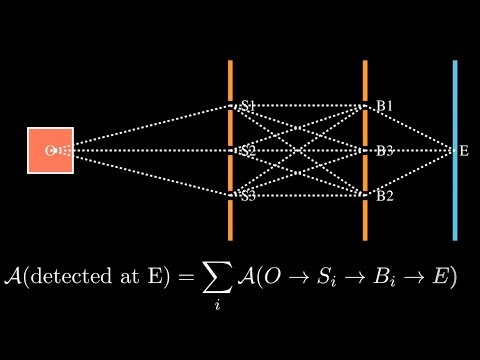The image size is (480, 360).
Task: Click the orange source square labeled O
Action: click(x=50, y=150)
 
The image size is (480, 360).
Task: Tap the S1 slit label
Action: click(x=248, y=105)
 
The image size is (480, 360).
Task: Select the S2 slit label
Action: click(x=248, y=150)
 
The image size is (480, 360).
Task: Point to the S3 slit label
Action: click(x=248, y=195)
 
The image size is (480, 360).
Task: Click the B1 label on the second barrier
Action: click(x=384, y=105)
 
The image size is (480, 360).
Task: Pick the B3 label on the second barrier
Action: click(x=384, y=150)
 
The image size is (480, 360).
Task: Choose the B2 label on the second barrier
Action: click(x=384, y=195)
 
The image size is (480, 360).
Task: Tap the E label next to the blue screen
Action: click(x=464, y=151)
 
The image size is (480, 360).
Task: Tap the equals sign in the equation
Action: click(x=184, y=278)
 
